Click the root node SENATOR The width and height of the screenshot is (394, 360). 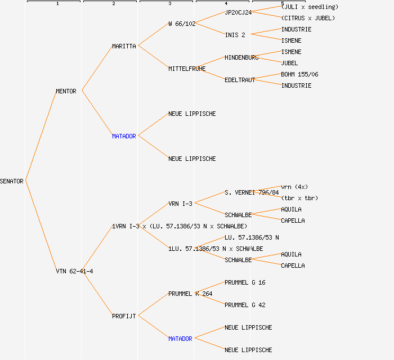pos(12,181)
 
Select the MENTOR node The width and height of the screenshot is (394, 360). pos(66,91)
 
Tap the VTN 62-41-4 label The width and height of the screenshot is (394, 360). pos(74,271)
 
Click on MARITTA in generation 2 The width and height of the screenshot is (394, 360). pos(124,46)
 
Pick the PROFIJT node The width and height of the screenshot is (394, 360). pos(124,316)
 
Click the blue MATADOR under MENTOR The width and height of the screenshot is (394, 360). pos(124,136)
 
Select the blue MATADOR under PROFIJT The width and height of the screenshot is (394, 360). pos(180,339)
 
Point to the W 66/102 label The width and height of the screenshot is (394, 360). pos(182,24)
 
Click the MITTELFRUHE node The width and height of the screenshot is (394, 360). pos(187,69)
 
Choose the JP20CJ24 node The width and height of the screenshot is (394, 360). pos(238,12)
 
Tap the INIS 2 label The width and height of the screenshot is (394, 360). pos(235,35)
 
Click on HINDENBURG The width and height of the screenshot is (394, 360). pos(241,57)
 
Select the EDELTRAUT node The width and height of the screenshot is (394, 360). pos(240,80)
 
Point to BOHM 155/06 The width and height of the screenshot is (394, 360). pos(299,74)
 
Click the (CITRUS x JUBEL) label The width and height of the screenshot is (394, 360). pos(308,18)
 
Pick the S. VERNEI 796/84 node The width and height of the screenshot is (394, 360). pos(252,192)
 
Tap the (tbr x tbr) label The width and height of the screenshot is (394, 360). pos(299,198)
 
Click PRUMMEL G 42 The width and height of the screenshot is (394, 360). pos(245,305)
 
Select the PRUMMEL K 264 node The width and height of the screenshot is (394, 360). pos(190,294)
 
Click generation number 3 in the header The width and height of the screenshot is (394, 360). pos(169,4)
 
